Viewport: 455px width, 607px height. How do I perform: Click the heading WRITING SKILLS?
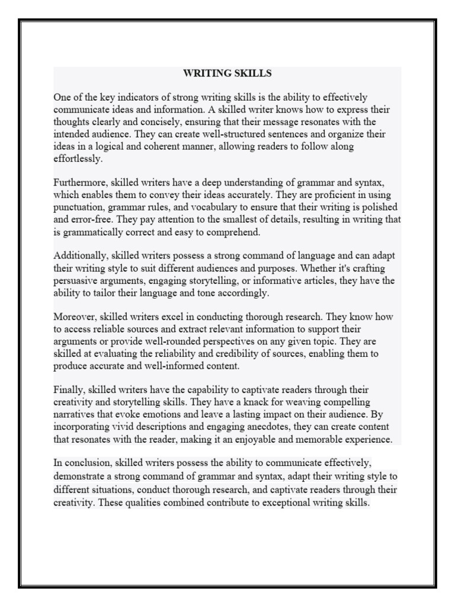point(227,74)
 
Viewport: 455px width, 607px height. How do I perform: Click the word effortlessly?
point(78,159)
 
